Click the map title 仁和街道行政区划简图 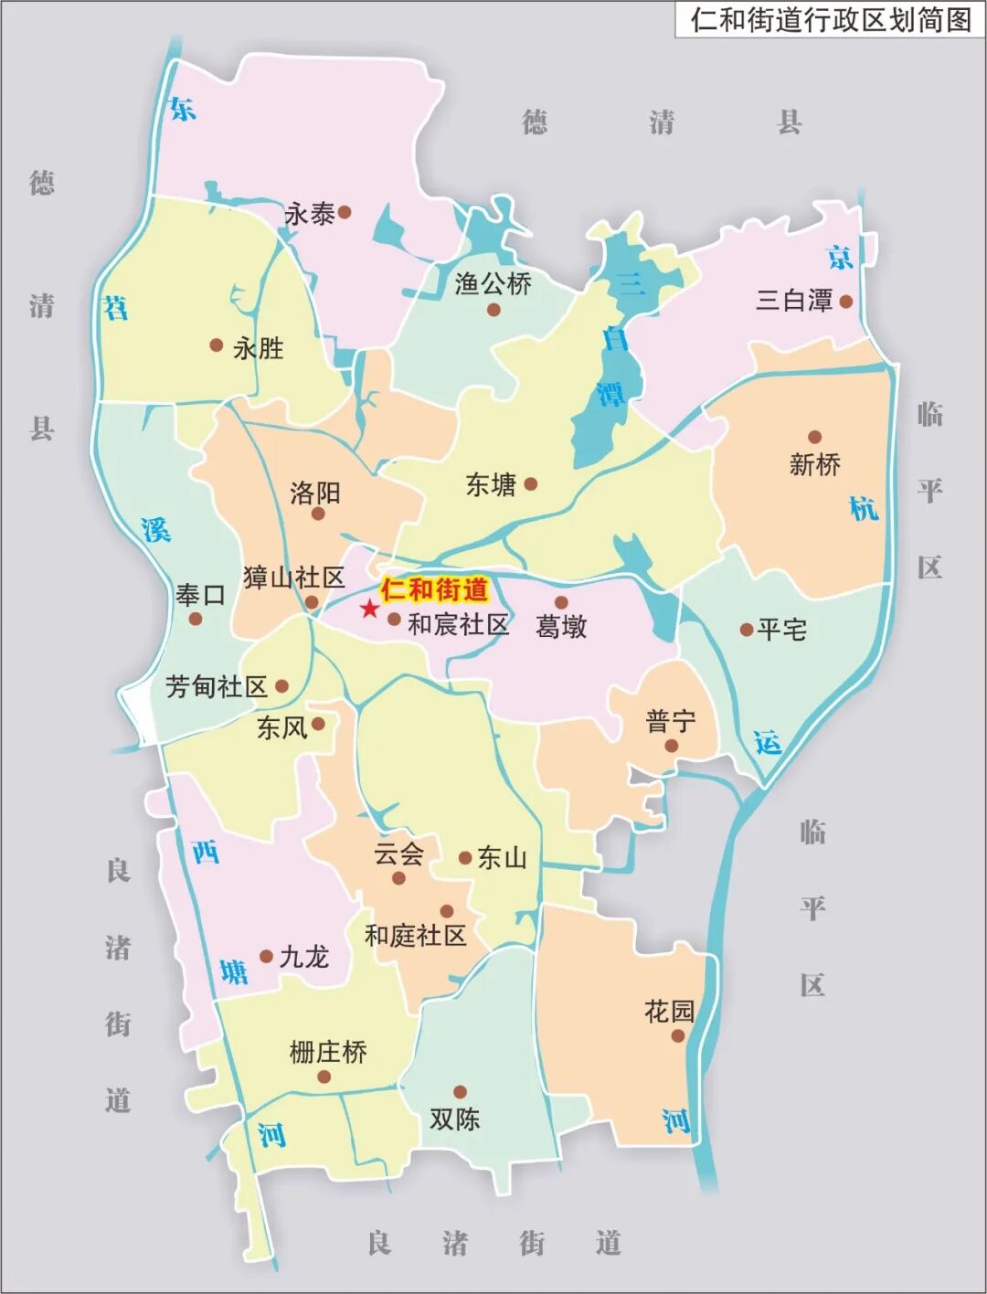[x=830, y=19]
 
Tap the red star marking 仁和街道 [x=369, y=609]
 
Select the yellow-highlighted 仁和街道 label [x=434, y=589]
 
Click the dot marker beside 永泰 [x=345, y=212]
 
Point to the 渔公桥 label [x=493, y=284]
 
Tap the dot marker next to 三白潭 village [x=846, y=301]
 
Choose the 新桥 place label [x=814, y=464]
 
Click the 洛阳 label [x=315, y=493]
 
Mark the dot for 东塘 [x=530, y=483]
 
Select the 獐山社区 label [x=293, y=578]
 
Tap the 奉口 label [x=200, y=596]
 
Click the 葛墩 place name [x=561, y=627]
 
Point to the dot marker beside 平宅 [x=746, y=630]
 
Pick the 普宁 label [x=670, y=722]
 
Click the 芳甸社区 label [x=217, y=686]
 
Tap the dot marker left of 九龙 [x=266, y=957]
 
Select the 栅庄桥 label [x=328, y=1052]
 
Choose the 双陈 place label [x=454, y=1119]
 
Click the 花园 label [x=669, y=1011]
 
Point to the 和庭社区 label [x=415, y=935]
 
